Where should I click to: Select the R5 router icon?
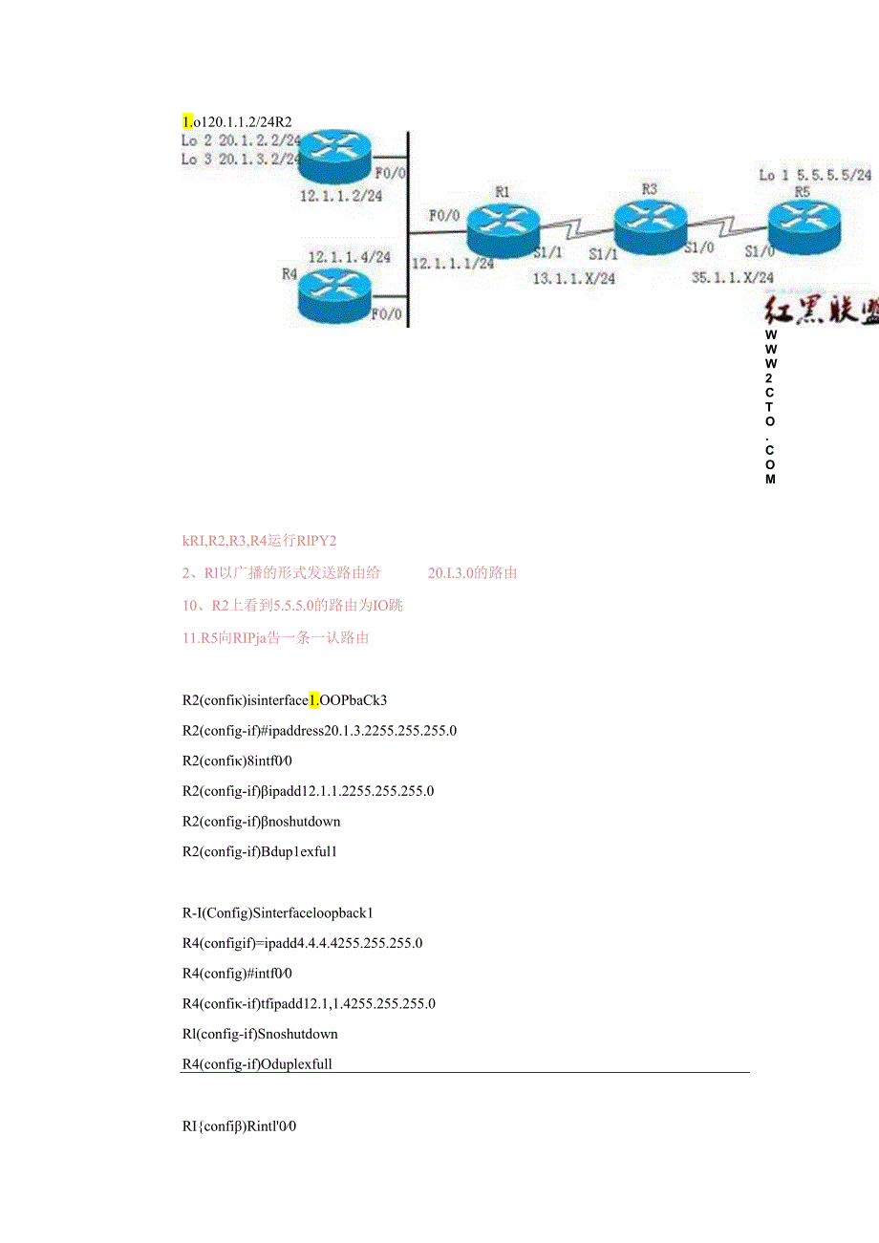pyautogui.click(x=804, y=225)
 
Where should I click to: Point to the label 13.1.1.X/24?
pyautogui.click(x=574, y=279)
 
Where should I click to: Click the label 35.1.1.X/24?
pyautogui.click(x=733, y=278)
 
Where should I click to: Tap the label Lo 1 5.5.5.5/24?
pyautogui.click(x=815, y=175)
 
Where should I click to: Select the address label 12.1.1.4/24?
pyautogui.click(x=349, y=257)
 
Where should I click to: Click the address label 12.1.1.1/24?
pyautogui.click(x=452, y=264)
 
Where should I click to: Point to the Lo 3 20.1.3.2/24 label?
pyautogui.click(x=241, y=160)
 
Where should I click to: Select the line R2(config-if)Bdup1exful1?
pyautogui.click(x=260, y=851)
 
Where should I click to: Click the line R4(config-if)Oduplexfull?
pyautogui.click(x=257, y=1063)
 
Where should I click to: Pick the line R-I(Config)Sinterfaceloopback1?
pyautogui.click(x=270, y=912)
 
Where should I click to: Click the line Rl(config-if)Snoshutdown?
pyautogui.click(x=260, y=1034)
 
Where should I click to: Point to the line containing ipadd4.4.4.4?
pyautogui.click(x=302, y=943)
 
